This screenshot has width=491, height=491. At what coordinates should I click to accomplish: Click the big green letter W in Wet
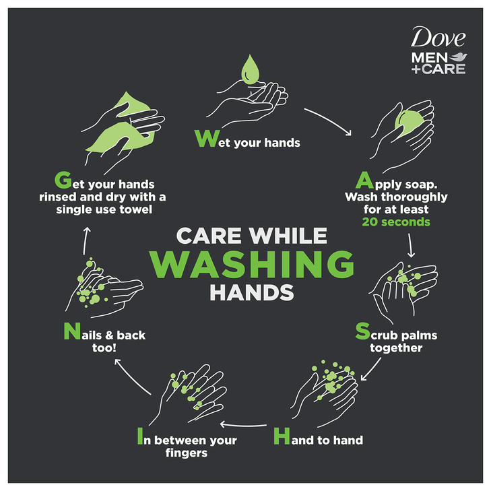click(205, 138)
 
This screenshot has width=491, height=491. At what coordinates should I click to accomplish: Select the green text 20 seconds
click(396, 222)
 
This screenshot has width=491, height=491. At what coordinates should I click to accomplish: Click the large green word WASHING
click(251, 263)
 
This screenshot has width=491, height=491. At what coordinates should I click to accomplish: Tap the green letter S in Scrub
click(362, 331)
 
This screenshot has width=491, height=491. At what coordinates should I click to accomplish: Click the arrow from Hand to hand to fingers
click(244, 424)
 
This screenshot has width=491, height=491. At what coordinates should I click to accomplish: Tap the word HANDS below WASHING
click(251, 293)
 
